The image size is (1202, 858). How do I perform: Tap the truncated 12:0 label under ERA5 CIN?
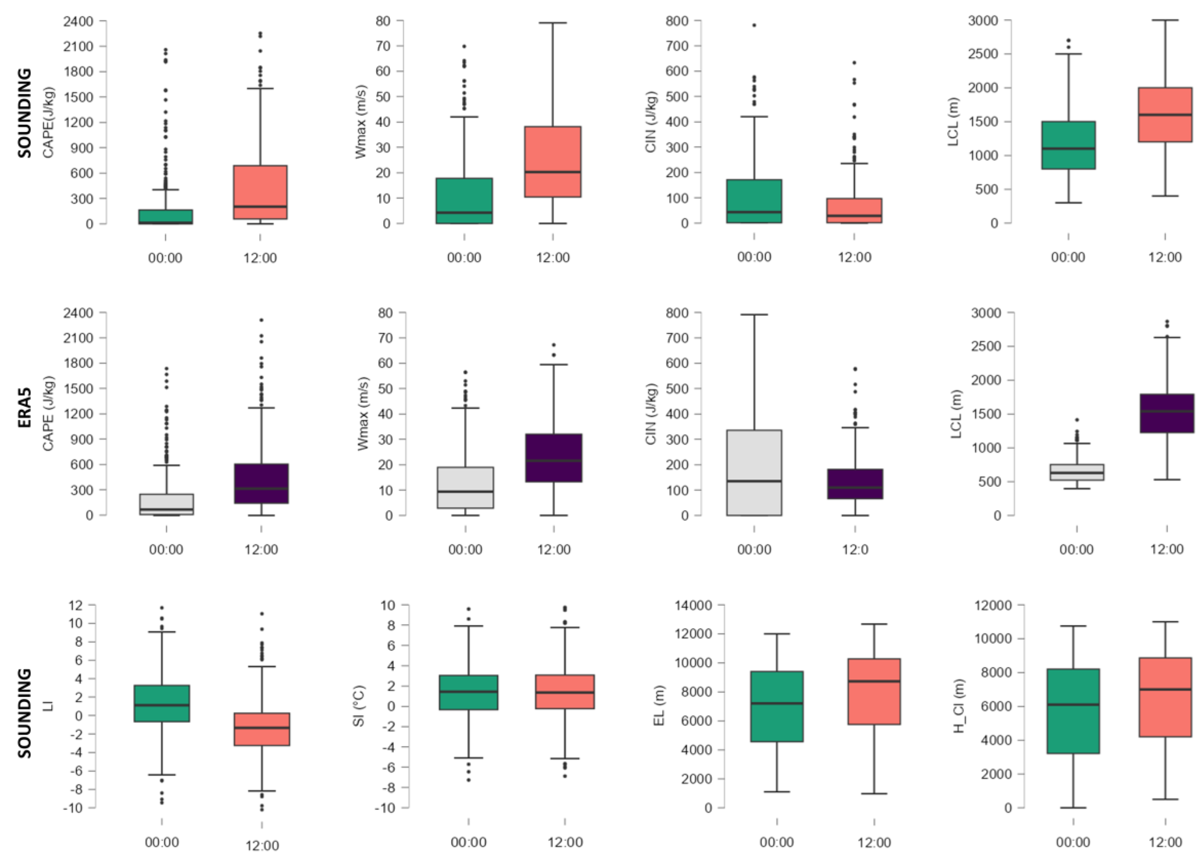click(x=855, y=549)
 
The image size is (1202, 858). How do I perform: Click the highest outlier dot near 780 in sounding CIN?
click(x=754, y=25)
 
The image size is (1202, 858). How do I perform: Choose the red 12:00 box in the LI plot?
click(x=262, y=729)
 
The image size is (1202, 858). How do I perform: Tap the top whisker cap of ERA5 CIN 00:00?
click(x=754, y=315)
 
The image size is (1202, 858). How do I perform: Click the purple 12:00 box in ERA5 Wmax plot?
click(x=554, y=458)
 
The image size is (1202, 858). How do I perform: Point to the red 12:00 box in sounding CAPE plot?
click(x=261, y=192)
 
